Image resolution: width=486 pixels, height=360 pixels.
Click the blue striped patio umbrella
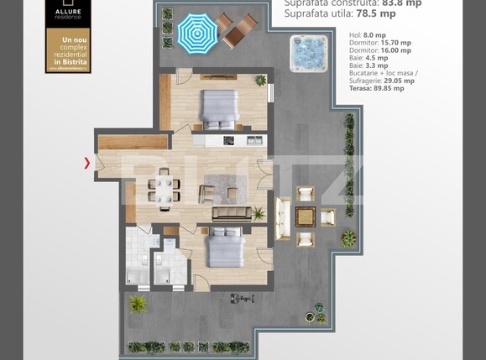pyautogui.click(x=196, y=34)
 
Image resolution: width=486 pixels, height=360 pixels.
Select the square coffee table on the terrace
pyautogui.click(x=306, y=217)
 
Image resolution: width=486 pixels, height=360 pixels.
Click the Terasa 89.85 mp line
pyautogui.click(x=375, y=88)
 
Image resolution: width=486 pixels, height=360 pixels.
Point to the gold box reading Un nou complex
pyautogui.click(x=68, y=50)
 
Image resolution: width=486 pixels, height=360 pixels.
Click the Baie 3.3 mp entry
pyautogui.click(x=368, y=65)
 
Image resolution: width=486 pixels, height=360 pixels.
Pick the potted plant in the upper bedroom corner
pyautogui.click(x=261, y=81)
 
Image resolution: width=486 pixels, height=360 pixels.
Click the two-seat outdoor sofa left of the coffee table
pyautogui.click(x=282, y=217)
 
